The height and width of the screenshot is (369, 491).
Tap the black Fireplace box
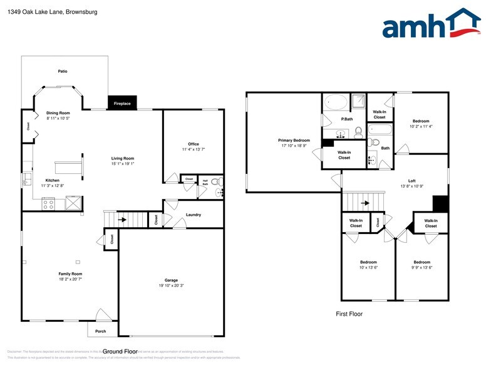point(122,104)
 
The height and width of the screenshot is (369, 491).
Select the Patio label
point(63,71)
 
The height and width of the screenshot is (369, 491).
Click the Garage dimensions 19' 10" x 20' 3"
point(172,286)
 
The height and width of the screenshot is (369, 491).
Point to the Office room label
point(194,144)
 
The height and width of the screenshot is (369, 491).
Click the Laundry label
point(194,215)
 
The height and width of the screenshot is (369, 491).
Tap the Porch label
point(101,331)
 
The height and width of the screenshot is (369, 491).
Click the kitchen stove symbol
point(49,203)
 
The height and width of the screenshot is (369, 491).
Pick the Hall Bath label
point(205,182)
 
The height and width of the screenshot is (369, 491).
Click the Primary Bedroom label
point(294,140)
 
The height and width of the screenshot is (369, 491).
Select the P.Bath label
point(347,119)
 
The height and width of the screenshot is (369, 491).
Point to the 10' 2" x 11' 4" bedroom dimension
point(421,126)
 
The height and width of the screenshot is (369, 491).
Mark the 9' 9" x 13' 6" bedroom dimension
point(421,267)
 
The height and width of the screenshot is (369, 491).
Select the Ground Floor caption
point(120,351)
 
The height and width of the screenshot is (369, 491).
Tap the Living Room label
point(123,158)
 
